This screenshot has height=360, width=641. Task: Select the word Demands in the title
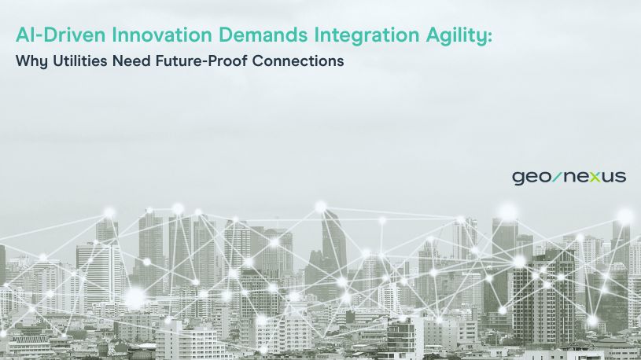[x=263, y=35]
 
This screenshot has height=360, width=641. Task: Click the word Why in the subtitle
[x=31, y=61]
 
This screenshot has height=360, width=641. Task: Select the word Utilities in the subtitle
[x=80, y=61]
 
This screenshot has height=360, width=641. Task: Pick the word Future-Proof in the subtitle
[x=201, y=61]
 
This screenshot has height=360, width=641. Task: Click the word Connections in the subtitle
[x=298, y=61]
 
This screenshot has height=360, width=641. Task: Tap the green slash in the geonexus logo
[x=557, y=177]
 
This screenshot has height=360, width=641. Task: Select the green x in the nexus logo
[x=595, y=177]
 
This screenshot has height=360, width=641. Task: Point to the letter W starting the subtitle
[x=23, y=61]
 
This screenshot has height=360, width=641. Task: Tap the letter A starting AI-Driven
[x=22, y=35]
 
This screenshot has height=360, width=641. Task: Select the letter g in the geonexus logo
[x=518, y=178]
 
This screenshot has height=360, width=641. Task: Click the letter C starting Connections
[x=258, y=61]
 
